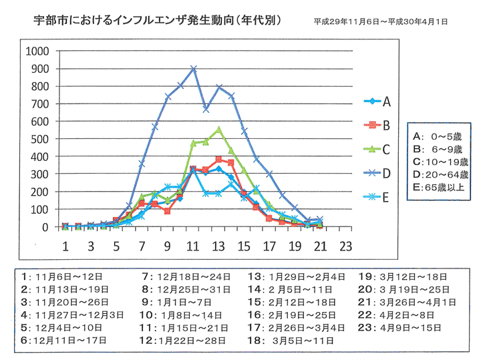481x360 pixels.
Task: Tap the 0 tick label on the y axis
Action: click(47, 227)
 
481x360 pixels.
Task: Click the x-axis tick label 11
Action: click(193, 246)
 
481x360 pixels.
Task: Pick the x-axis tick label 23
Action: click(345, 246)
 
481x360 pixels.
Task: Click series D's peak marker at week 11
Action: click(194, 68)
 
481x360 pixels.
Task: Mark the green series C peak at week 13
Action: click(218, 130)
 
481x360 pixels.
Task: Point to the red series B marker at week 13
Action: click(218, 160)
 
